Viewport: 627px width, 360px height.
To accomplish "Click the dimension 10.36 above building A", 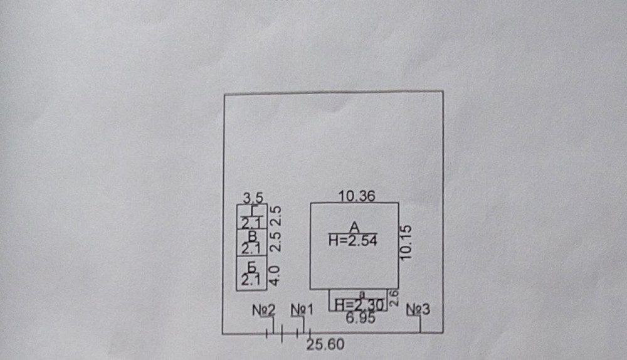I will point(356,196).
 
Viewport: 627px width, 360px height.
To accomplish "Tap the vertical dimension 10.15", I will point(406,243).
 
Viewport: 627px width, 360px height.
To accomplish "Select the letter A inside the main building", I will point(353,227).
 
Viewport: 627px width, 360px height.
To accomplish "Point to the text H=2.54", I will point(352,240).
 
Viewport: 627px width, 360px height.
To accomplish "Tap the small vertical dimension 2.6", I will point(394,298).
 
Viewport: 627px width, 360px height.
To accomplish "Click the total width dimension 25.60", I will point(325,344).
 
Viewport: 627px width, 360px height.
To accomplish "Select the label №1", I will point(302,310).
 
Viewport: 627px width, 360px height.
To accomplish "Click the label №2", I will point(265,310).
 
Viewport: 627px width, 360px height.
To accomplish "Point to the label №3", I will point(418,309).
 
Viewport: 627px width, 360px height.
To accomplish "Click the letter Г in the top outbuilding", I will point(252,211).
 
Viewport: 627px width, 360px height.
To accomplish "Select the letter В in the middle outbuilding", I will point(252,236).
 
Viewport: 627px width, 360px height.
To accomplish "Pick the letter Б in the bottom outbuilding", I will point(252,267).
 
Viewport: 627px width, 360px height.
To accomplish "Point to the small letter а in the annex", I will point(361,294).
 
